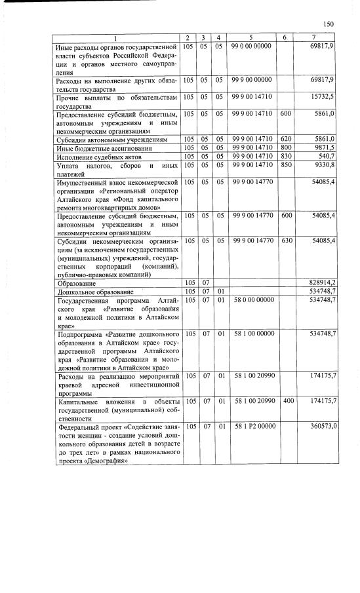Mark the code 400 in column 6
[x=287, y=400]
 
